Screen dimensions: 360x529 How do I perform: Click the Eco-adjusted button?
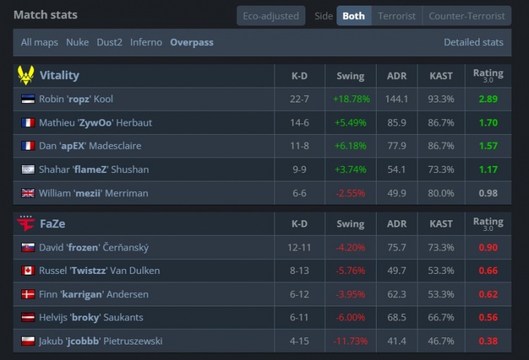[x=271, y=16]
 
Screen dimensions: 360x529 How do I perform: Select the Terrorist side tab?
[x=397, y=16]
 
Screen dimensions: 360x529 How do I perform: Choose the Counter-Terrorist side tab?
[x=466, y=16]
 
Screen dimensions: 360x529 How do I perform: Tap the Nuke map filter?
[x=78, y=42]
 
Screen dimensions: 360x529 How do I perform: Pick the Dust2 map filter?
[x=109, y=42]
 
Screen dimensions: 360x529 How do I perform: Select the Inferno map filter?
[x=146, y=42]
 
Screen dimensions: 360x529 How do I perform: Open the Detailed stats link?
[x=473, y=42]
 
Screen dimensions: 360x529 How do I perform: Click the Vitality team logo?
[x=26, y=76]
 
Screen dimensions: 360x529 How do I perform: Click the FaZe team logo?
[x=26, y=224]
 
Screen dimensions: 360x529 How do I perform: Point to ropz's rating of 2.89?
[x=487, y=99]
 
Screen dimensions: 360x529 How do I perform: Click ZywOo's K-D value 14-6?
[x=299, y=123]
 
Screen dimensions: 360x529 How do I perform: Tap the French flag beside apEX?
[x=28, y=146]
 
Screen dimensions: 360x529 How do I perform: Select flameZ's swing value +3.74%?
[x=351, y=169]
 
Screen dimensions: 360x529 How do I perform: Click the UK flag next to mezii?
[x=28, y=193]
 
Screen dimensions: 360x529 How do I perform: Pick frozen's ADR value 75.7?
[x=396, y=248]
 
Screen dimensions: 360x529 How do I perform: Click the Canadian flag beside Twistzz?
[x=28, y=271]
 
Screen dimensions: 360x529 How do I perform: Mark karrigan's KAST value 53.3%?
[x=441, y=294]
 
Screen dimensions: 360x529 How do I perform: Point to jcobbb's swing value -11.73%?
[x=351, y=342]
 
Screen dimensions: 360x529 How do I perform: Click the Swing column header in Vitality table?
[x=351, y=76]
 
